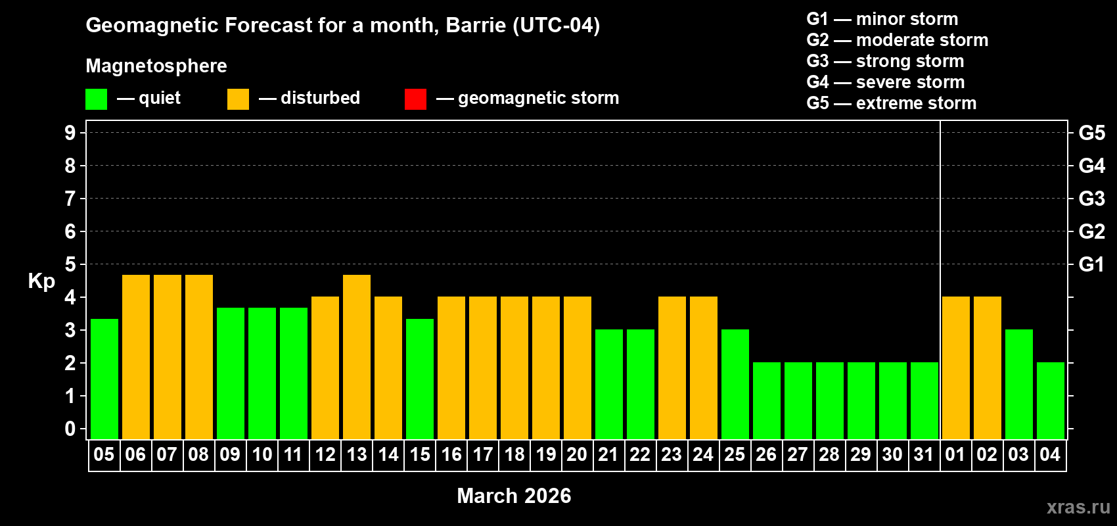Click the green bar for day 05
pos(104,379)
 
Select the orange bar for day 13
pos(357,357)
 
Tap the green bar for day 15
pos(420,379)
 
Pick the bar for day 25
pos(735,384)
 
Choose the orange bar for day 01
pos(956,368)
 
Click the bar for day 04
pos(1051,400)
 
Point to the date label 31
pos(924,454)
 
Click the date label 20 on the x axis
pos(577,454)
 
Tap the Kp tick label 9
pos(70,133)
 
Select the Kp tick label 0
pos(70,429)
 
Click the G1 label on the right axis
pos(1091,264)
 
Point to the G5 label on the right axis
pos(1091,133)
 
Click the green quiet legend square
pos(97,99)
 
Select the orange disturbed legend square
pos(238,99)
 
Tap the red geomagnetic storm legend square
pos(415,99)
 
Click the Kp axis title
pos(41,281)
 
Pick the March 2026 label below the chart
pos(514,496)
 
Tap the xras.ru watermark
pos(1078,507)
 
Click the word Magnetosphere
pos(156,66)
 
